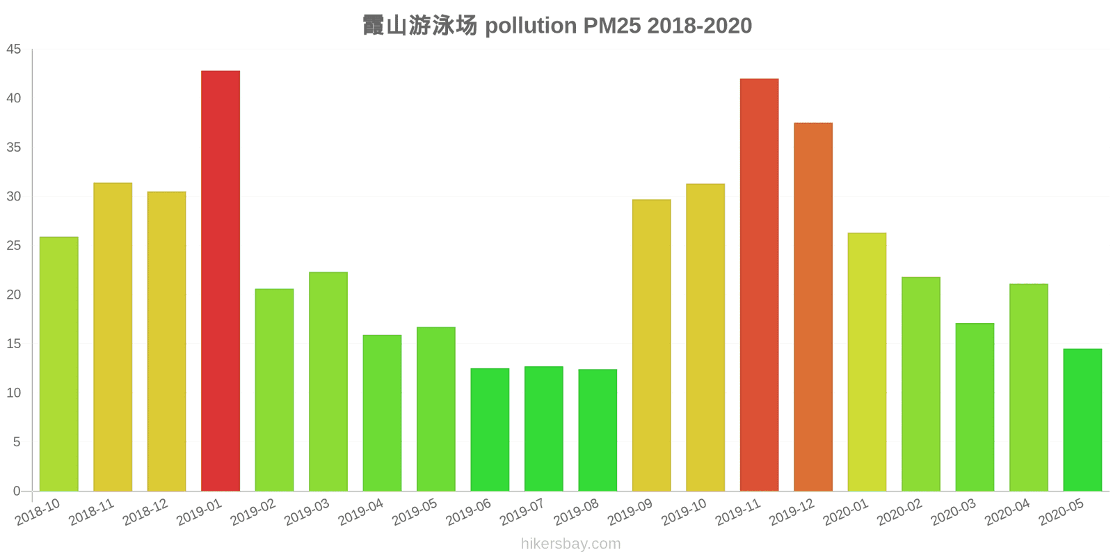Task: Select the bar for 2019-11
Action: point(759,285)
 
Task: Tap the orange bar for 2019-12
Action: point(813,307)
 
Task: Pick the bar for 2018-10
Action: point(59,364)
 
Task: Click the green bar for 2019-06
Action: point(490,430)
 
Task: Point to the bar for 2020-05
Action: point(1082,420)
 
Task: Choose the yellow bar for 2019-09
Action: point(652,345)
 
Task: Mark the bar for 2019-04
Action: point(382,413)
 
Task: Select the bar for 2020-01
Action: point(867,362)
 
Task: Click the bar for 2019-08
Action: point(598,430)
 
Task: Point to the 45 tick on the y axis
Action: point(14,49)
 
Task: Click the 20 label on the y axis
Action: point(14,295)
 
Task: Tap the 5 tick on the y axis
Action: point(17,442)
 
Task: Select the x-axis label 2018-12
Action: point(145,512)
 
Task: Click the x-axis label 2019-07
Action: point(522,512)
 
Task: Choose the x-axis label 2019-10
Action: point(684,512)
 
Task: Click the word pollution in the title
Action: point(530,26)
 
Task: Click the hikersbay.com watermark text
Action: point(570,544)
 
